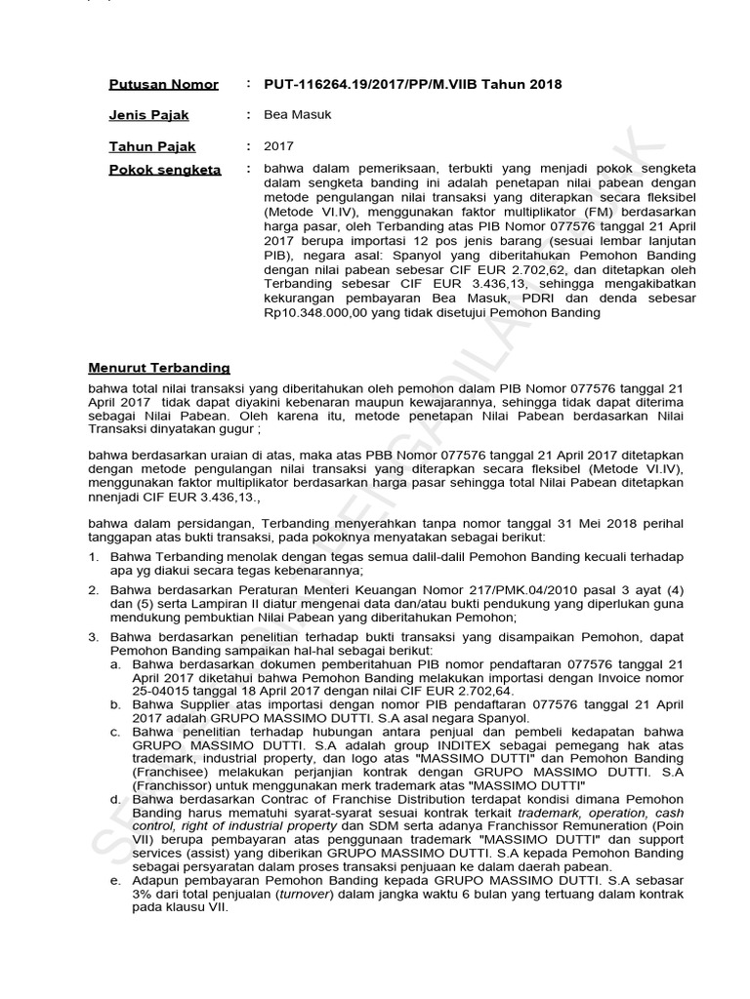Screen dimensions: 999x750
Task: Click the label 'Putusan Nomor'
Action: coord(163,85)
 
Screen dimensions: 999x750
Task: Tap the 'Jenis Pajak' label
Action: coord(148,116)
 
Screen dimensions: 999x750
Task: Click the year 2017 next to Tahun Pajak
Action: coord(278,147)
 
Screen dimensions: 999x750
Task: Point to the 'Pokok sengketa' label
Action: coord(165,170)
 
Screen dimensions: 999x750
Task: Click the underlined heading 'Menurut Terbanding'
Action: coord(159,368)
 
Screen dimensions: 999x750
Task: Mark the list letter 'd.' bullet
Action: coord(117,799)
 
